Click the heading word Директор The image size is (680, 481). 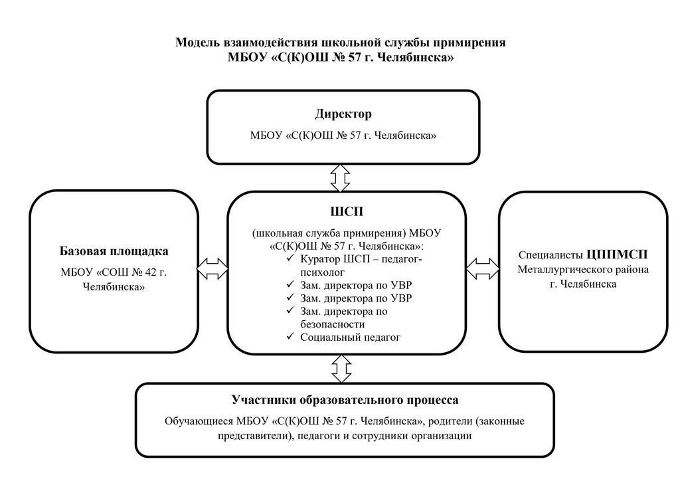tap(343, 114)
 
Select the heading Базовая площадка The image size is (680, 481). tap(114, 252)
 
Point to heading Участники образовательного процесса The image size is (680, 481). tap(345, 400)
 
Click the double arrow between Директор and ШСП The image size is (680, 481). tap(341, 177)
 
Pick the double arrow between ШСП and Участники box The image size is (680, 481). tap(341, 368)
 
